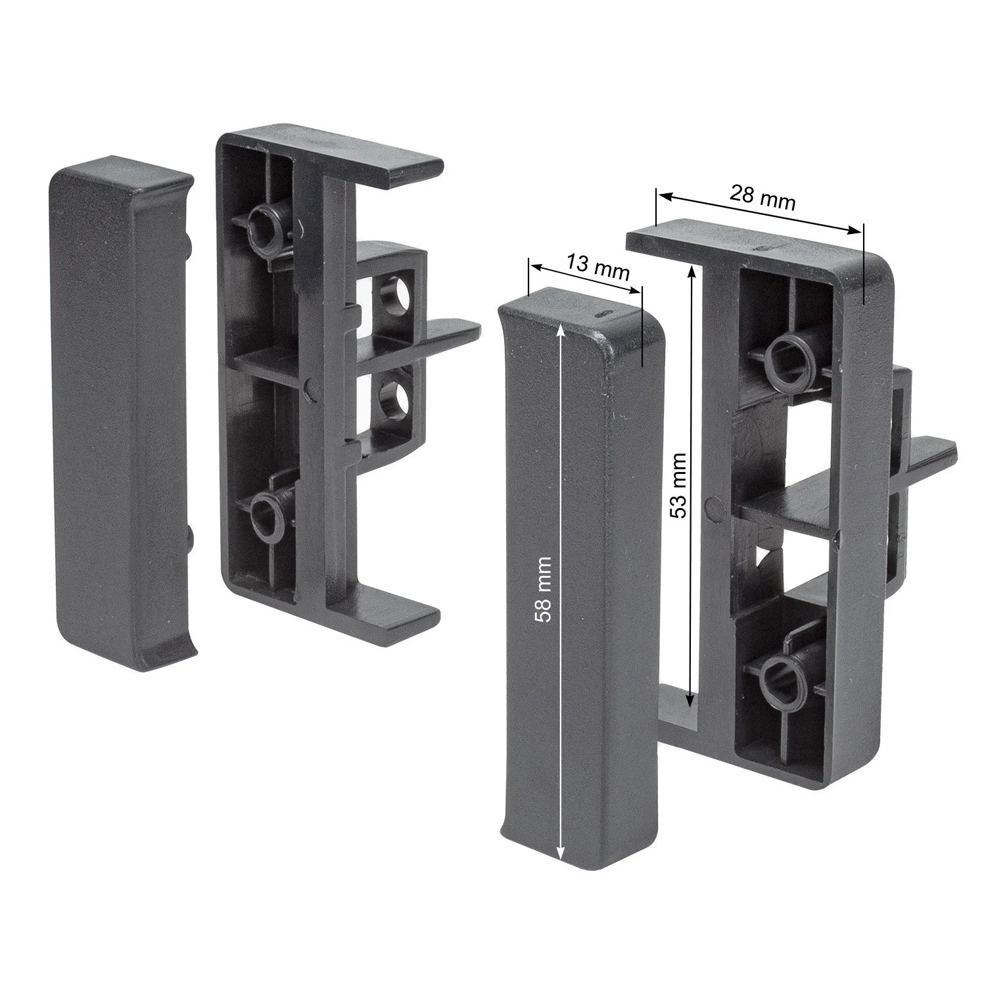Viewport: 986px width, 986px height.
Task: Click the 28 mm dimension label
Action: [763, 197]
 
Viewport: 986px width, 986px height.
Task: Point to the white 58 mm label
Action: [544, 589]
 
